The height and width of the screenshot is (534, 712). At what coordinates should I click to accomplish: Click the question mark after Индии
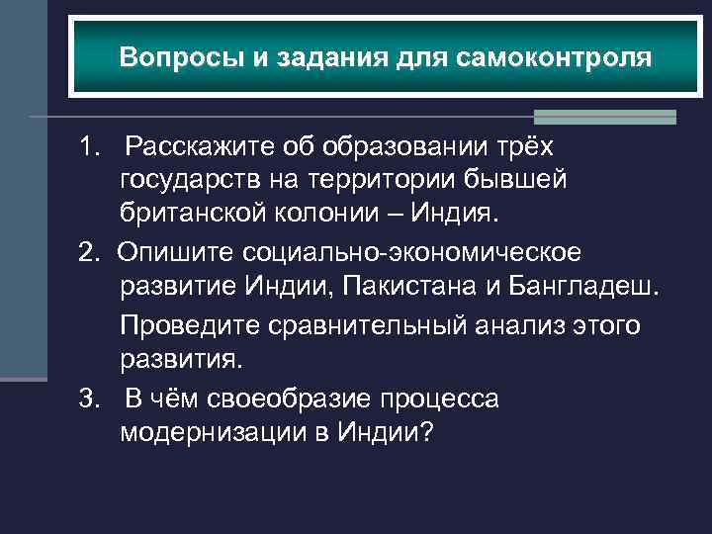tap(426, 433)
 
